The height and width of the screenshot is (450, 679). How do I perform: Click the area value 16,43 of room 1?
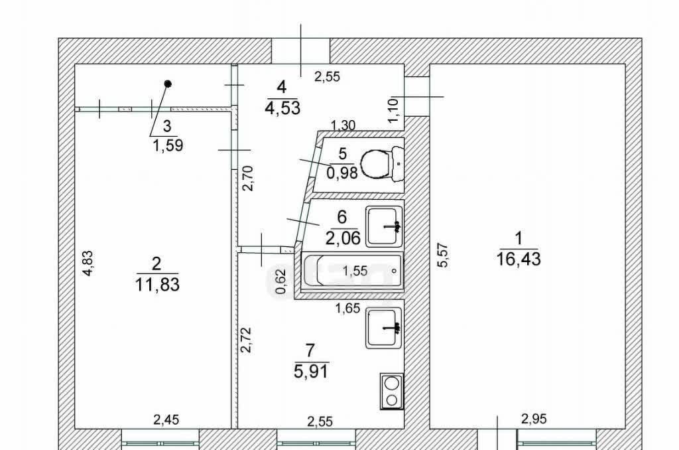519,260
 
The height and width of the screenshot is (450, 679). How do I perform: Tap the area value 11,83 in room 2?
157,285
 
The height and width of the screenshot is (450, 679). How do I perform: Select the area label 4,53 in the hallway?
282,108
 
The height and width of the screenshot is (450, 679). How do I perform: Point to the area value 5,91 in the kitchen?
311,371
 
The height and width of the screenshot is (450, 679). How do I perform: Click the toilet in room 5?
382,164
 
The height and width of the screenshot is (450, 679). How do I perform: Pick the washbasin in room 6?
385,226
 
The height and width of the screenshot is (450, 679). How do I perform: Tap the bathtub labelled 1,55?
352,271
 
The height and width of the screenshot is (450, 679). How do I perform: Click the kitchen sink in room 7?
384,328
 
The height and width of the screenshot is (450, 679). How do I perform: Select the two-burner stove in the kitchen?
391,391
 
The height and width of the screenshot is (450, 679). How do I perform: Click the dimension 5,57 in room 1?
442,255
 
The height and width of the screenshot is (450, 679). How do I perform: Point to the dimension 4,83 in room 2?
88,263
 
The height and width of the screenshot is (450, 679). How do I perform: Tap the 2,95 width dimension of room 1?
534,419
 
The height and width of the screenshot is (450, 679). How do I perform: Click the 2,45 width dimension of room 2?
166,419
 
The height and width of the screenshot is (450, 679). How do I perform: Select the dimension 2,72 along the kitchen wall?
245,339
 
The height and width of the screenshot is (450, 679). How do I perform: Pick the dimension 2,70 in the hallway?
248,178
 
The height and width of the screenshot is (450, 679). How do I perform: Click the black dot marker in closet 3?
168,84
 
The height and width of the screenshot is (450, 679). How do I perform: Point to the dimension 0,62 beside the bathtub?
281,281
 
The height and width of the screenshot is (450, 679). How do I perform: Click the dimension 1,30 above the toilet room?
343,125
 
